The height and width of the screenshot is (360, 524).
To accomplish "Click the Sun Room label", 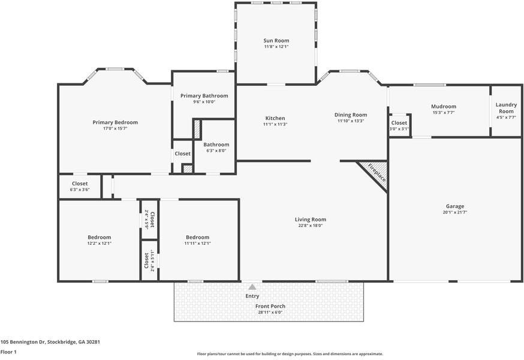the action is click(x=276, y=40).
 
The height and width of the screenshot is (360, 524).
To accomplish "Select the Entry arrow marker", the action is click(x=252, y=287).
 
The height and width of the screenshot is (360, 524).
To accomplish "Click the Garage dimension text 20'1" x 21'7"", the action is click(x=455, y=212).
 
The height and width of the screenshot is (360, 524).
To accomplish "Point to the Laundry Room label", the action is click(x=506, y=108).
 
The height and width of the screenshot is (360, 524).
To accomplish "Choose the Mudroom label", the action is click(x=444, y=106).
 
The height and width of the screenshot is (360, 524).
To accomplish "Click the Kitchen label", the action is click(x=275, y=118).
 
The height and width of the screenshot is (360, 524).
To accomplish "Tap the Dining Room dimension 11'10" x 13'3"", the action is click(x=351, y=121).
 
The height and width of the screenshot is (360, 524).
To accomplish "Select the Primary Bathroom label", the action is click(x=204, y=95).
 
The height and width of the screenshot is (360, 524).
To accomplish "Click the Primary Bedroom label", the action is click(x=115, y=122).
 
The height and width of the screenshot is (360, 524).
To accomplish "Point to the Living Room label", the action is click(x=311, y=220).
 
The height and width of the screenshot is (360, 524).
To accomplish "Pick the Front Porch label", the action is click(x=270, y=306).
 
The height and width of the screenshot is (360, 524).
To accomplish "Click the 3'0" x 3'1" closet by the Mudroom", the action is click(x=399, y=125).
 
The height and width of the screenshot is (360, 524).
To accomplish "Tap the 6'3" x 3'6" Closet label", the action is click(x=80, y=184).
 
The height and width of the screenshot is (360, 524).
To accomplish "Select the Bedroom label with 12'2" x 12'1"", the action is click(x=100, y=237).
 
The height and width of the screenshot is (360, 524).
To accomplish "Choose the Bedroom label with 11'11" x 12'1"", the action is click(x=197, y=237).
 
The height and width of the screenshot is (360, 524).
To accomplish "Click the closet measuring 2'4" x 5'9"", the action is click(x=149, y=219).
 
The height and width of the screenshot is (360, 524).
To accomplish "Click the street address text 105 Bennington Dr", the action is click(x=23, y=342).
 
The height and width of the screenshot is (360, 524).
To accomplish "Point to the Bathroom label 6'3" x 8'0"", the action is click(x=216, y=145).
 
